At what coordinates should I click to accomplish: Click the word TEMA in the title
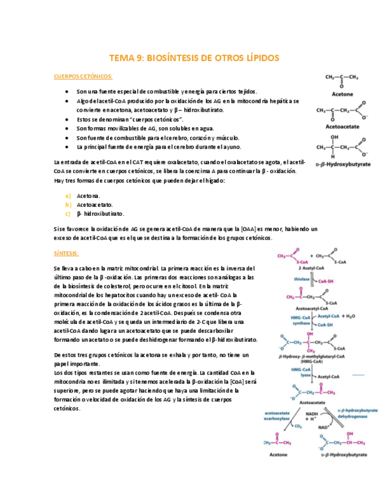123,58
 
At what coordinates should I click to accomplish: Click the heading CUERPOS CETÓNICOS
83,77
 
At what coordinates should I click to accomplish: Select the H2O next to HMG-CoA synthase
351,317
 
